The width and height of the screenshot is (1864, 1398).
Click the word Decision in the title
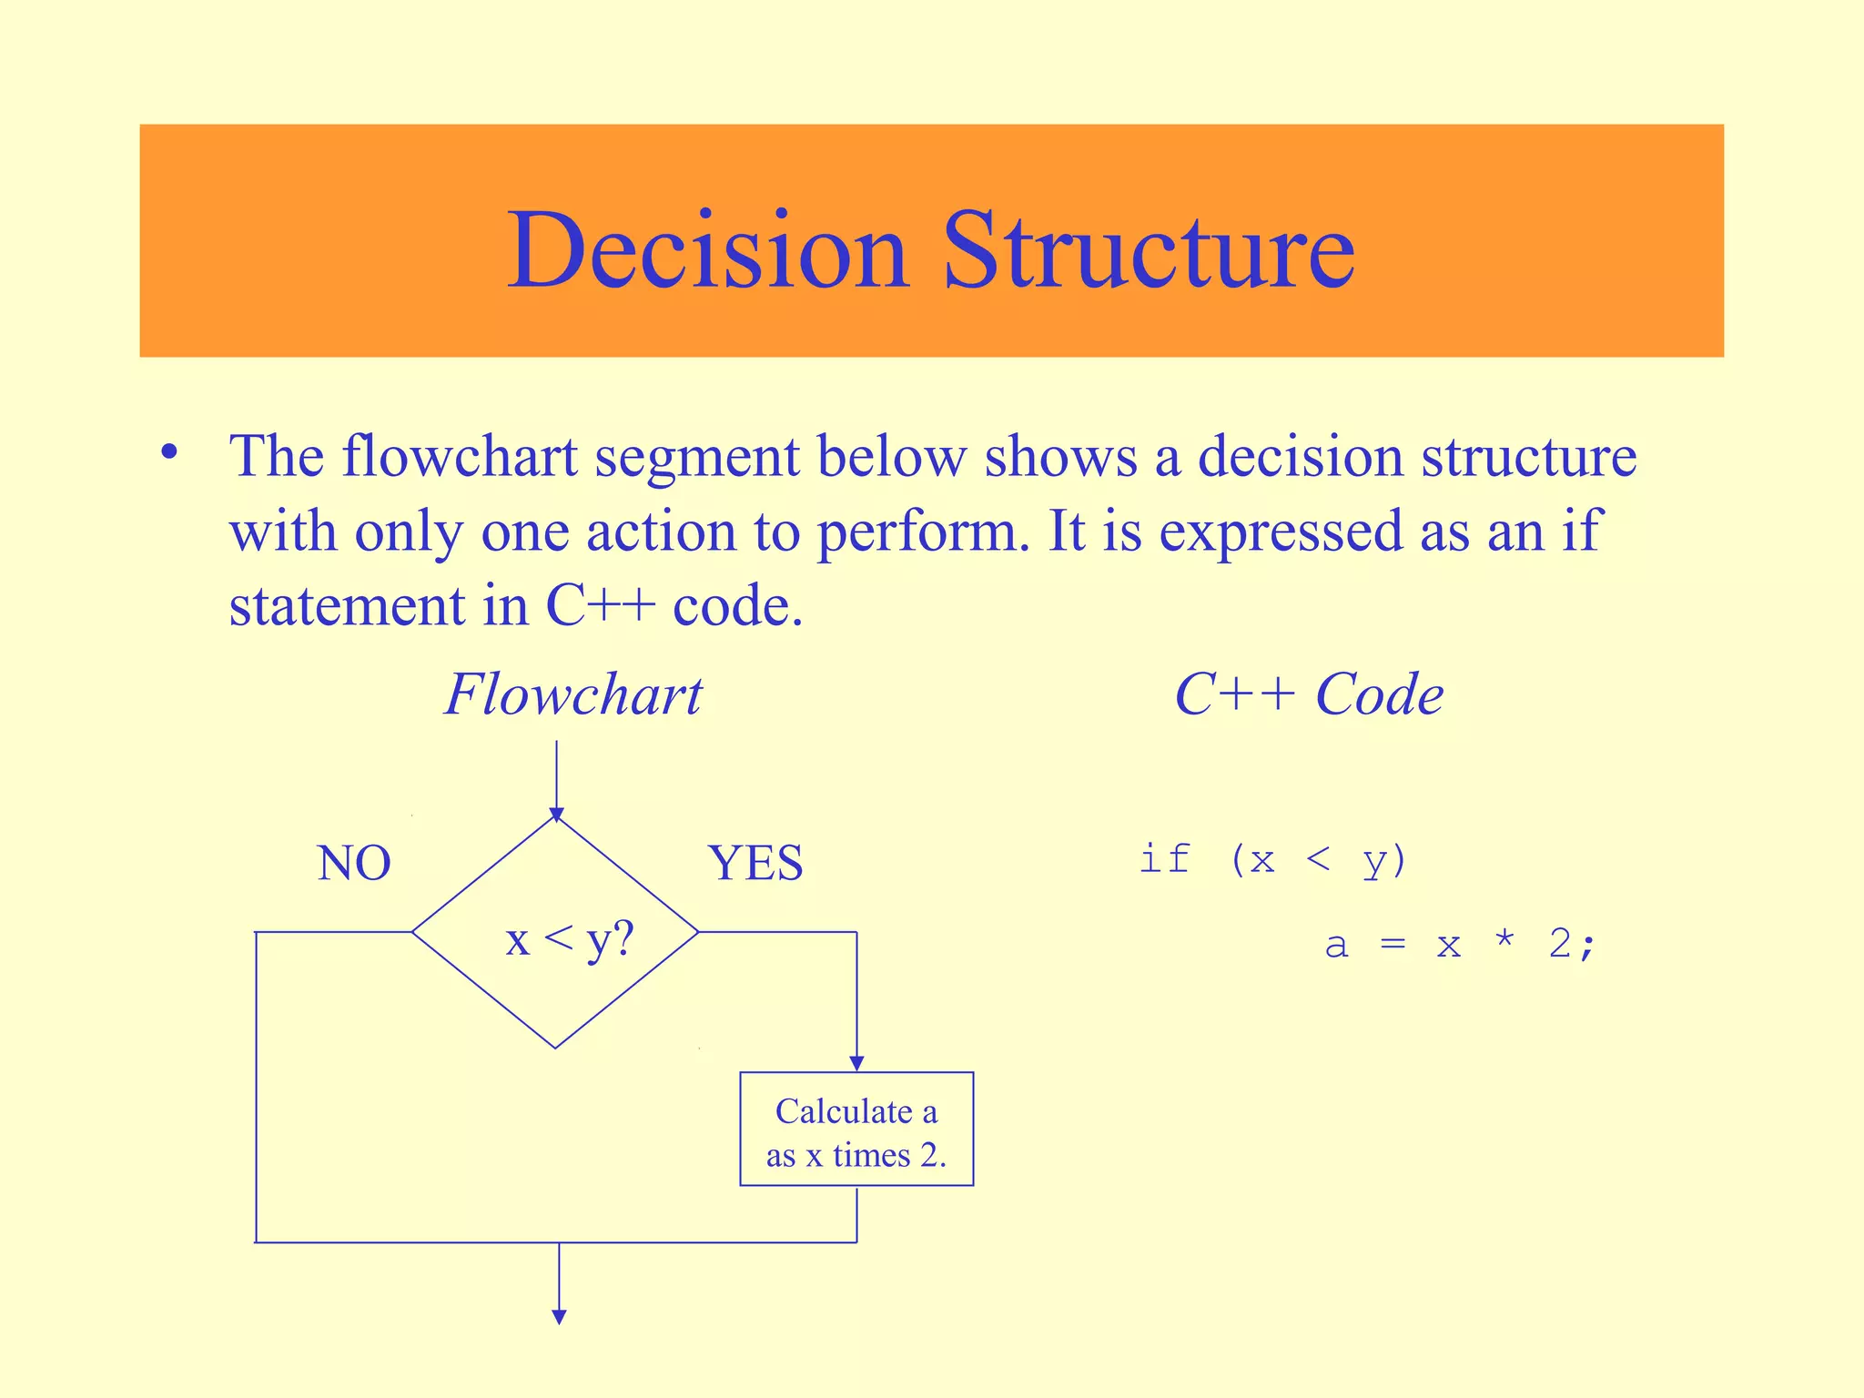[708, 249]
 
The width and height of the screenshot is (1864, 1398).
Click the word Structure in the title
[1149, 249]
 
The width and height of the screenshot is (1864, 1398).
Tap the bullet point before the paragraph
[168, 452]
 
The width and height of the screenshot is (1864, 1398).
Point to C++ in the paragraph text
[600, 605]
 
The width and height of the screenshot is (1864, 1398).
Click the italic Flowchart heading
[573, 694]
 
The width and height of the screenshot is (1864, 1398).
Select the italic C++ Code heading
[1308, 694]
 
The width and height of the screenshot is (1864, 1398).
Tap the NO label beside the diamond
[354, 863]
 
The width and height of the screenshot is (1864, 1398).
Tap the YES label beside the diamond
[755, 863]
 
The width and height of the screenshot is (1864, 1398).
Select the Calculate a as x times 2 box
[856, 1130]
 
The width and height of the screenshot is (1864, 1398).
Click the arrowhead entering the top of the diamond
[557, 814]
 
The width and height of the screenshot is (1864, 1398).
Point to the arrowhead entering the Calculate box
[856, 1063]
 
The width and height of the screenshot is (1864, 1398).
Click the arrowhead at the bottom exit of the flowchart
[560, 1316]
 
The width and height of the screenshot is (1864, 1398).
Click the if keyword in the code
[1165, 858]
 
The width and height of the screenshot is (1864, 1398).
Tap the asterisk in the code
[1504, 941]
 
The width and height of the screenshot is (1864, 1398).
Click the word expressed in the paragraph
[1280, 532]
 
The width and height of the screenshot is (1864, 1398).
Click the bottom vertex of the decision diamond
[556, 1048]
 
